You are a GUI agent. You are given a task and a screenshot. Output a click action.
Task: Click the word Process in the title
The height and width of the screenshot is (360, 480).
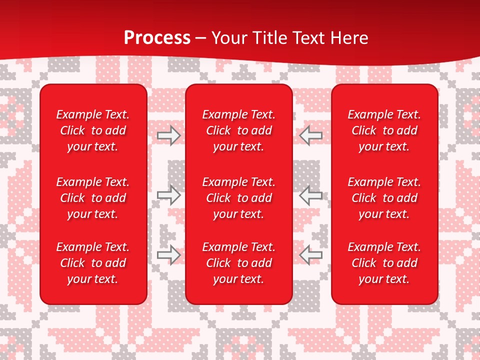pyautogui.click(x=157, y=38)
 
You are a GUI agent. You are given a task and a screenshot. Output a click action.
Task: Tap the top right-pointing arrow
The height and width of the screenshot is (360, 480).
pyautogui.click(x=168, y=135)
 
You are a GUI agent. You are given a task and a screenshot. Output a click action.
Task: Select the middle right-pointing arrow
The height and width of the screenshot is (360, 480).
pyautogui.click(x=168, y=195)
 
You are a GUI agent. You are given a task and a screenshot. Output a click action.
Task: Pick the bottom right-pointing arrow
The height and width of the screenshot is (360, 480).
pyautogui.click(x=168, y=254)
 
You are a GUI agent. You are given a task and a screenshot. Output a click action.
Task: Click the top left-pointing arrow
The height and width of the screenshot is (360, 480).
pyautogui.click(x=310, y=135)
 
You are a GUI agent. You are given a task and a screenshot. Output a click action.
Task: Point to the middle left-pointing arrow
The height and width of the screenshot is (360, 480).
pyautogui.click(x=310, y=195)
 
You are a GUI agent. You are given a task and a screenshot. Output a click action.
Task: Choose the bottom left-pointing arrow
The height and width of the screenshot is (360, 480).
pyautogui.click(x=310, y=254)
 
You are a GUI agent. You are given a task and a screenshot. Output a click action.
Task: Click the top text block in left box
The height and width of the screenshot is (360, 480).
pyautogui.click(x=93, y=130)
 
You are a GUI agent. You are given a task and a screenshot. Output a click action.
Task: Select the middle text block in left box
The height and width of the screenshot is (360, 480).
pyautogui.click(x=93, y=198)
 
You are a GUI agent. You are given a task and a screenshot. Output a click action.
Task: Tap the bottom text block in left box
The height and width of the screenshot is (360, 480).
pyautogui.click(x=93, y=263)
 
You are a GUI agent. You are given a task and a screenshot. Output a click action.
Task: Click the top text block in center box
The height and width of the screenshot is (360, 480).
pyautogui.click(x=238, y=130)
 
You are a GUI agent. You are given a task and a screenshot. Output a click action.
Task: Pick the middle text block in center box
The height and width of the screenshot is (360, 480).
pyautogui.click(x=238, y=198)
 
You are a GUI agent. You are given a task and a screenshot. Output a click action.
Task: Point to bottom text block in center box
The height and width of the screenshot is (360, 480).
pyautogui.click(x=238, y=263)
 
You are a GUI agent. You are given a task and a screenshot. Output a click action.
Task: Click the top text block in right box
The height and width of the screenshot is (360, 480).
pyautogui.click(x=384, y=130)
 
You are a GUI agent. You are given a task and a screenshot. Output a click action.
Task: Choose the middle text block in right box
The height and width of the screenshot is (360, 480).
pyautogui.click(x=384, y=198)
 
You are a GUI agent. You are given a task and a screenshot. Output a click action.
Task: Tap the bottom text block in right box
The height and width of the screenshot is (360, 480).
pyautogui.click(x=384, y=263)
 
